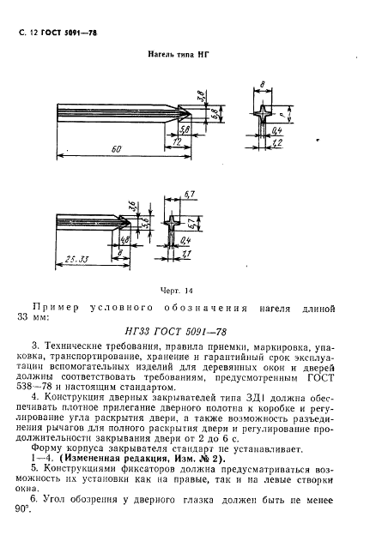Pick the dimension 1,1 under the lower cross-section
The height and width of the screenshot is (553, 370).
187,255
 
